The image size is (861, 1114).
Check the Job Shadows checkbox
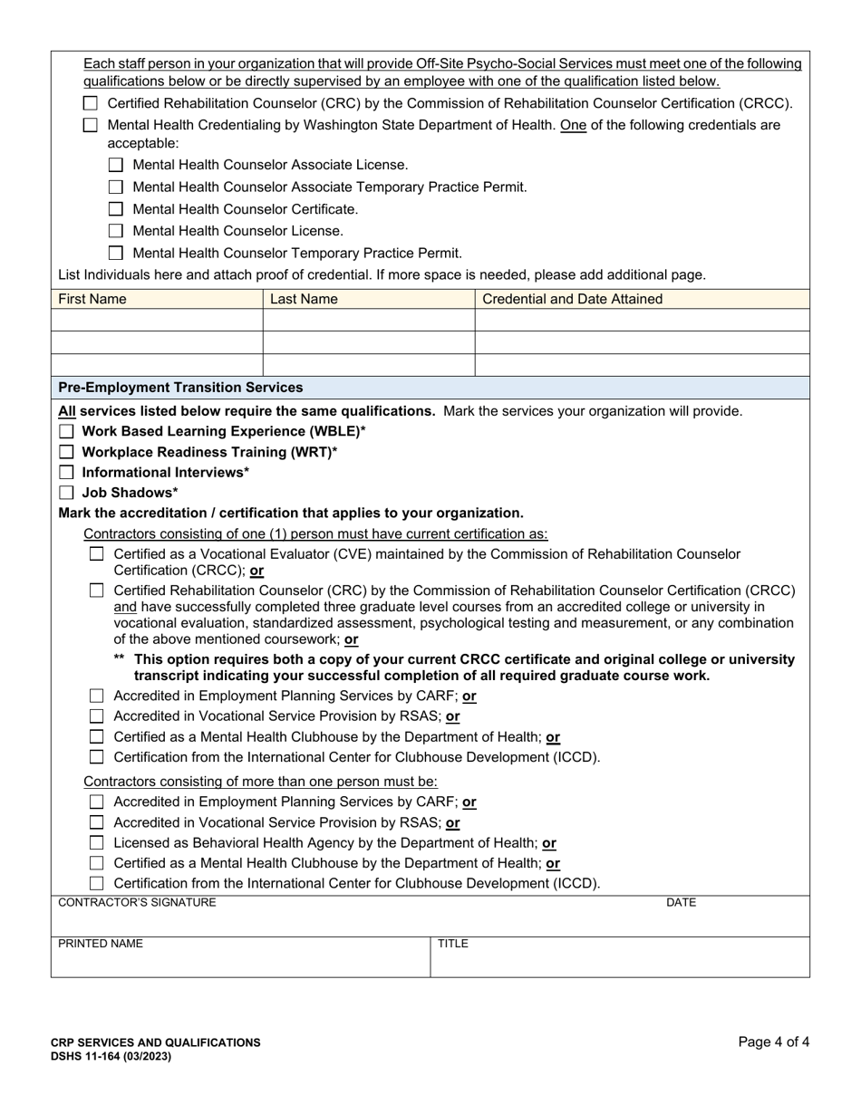66,493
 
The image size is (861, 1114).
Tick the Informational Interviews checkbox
66,472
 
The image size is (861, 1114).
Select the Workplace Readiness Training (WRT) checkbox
66,452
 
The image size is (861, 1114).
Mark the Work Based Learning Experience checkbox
66,431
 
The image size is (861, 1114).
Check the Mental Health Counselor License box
115,231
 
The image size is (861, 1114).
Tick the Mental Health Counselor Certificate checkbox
115,209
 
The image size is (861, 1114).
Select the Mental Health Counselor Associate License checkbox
115,165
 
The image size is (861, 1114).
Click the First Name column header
92,299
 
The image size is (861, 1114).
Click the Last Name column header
304,299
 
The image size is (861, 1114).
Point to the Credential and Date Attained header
572,299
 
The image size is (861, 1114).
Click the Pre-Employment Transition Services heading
180,388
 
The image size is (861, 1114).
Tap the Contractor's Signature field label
137,902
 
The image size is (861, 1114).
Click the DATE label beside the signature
681,902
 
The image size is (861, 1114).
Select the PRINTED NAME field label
101,944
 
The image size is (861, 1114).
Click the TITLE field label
453,944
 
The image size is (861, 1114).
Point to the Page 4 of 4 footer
773,1042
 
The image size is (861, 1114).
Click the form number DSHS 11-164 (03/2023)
111,1056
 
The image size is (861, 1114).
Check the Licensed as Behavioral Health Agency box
97,843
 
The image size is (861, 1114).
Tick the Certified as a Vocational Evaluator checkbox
97,554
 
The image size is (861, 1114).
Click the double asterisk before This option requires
119,658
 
